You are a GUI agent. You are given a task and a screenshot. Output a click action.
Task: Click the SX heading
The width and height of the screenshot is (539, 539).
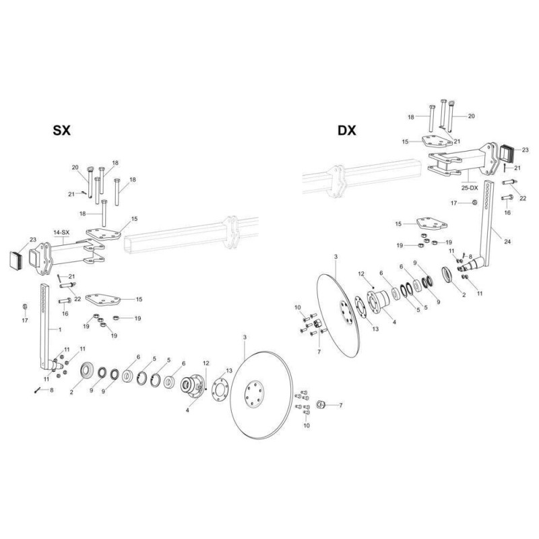(61, 130)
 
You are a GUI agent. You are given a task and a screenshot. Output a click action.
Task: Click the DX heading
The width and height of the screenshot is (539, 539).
(347, 130)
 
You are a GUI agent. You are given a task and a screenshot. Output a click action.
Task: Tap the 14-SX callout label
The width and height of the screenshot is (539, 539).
(61, 232)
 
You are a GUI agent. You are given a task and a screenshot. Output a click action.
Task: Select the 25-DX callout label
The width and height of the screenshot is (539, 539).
(470, 188)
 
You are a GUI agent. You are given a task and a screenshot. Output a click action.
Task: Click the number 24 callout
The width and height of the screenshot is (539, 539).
(507, 242)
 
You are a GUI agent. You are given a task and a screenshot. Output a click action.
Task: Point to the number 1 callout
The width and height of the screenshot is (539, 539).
(60, 329)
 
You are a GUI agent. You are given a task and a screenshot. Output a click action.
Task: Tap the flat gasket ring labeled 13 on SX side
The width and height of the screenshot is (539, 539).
(220, 389)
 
